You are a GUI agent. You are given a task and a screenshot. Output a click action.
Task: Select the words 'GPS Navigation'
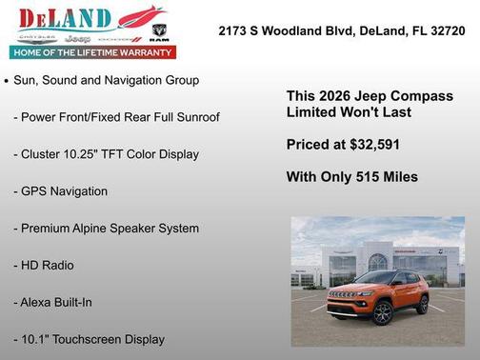click(x=60, y=190)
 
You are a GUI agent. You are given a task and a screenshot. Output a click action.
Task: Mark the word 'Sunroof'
click(x=196, y=116)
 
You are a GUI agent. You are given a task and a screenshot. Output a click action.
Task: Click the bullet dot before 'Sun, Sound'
click(x=7, y=82)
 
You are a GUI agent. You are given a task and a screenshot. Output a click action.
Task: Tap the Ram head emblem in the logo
click(x=159, y=30)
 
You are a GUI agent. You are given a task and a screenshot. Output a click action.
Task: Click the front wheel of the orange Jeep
click(x=383, y=311)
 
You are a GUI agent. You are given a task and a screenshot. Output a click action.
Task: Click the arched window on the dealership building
click(x=378, y=260)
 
